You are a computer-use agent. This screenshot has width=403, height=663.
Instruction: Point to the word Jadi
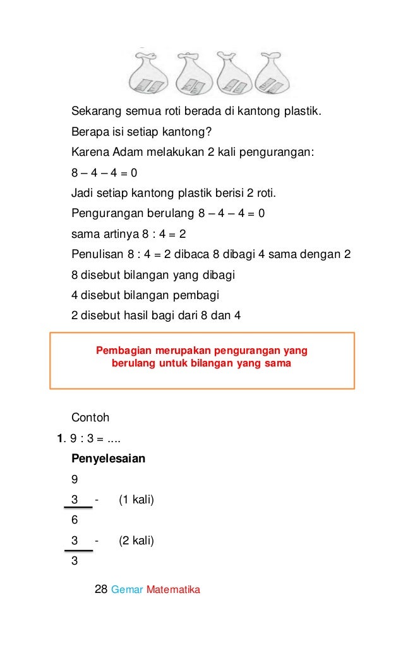tap(81, 192)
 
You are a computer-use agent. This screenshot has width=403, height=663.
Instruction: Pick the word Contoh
tap(90, 418)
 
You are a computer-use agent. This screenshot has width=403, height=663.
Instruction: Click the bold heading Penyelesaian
tap(108, 459)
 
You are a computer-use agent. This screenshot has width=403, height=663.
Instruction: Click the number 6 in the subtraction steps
tap(75, 520)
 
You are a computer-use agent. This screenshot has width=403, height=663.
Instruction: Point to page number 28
tap(100, 590)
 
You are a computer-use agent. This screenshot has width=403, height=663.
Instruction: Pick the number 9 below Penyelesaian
tap(75, 479)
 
